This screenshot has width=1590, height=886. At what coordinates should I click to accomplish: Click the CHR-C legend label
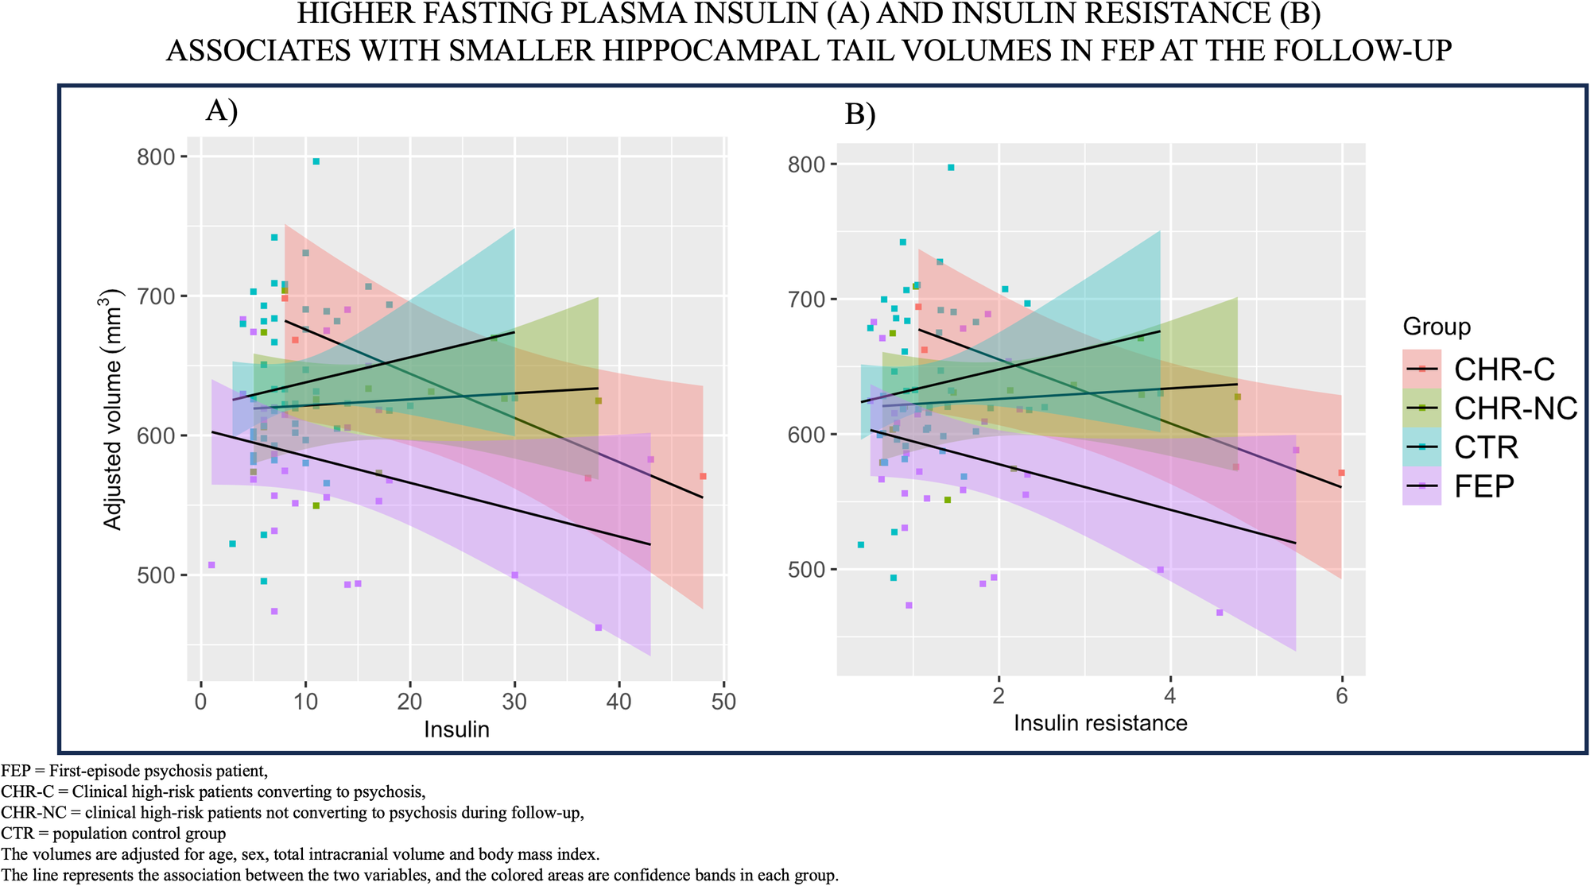pos(1503,369)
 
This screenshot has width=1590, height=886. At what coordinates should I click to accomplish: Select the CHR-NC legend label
pos(1515,408)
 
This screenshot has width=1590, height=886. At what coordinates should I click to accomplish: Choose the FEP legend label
pos(1483,486)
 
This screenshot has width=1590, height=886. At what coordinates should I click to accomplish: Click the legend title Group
pos(1437,327)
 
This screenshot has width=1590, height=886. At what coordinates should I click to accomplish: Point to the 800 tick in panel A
pos(156,157)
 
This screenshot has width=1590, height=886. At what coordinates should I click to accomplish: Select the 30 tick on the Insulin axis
pos(514,702)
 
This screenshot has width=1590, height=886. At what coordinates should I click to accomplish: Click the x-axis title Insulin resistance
pos(1100,723)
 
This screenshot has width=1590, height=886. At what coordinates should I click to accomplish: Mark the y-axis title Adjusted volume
pos(113,410)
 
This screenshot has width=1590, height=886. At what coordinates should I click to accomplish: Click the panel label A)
pos(222,110)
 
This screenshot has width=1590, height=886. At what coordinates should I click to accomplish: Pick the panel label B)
pos(860,115)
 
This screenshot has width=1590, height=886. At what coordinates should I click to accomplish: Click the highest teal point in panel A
pos(316,161)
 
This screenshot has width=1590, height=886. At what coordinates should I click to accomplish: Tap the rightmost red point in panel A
pos(703,476)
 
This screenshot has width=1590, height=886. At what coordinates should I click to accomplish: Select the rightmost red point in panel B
pos(1341,473)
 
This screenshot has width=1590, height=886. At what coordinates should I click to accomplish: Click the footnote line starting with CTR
pos(114,834)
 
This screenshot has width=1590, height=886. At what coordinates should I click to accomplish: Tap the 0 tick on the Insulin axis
pos(201,702)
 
